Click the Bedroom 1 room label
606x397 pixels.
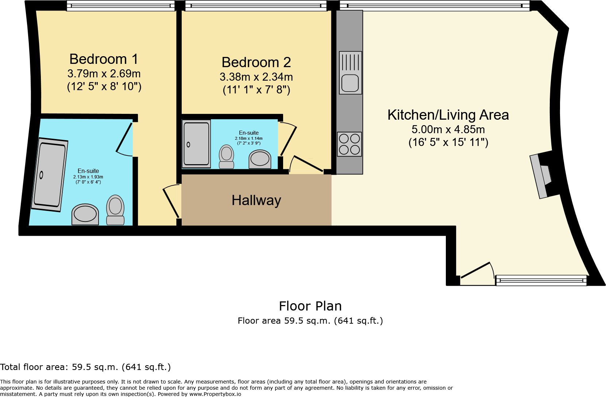coord(104,59)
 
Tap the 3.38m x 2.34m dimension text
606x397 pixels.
coord(256,77)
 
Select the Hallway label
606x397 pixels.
coord(256,200)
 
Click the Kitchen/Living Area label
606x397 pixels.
coord(448,115)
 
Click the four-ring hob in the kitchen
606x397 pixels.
coord(349,144)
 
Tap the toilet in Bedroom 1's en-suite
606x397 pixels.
coord(115,210)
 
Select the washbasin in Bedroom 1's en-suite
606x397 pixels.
coord(85,214)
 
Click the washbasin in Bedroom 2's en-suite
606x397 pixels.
coord(260,159)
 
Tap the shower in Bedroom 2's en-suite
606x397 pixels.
coord(197,143)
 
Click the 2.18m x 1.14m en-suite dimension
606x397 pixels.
coord(248,138)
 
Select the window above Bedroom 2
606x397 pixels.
coord(255,5)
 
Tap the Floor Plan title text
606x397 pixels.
coord(310,306)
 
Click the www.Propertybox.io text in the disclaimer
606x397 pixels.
coord(215,394)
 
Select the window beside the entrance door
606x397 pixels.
coord(541,280)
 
